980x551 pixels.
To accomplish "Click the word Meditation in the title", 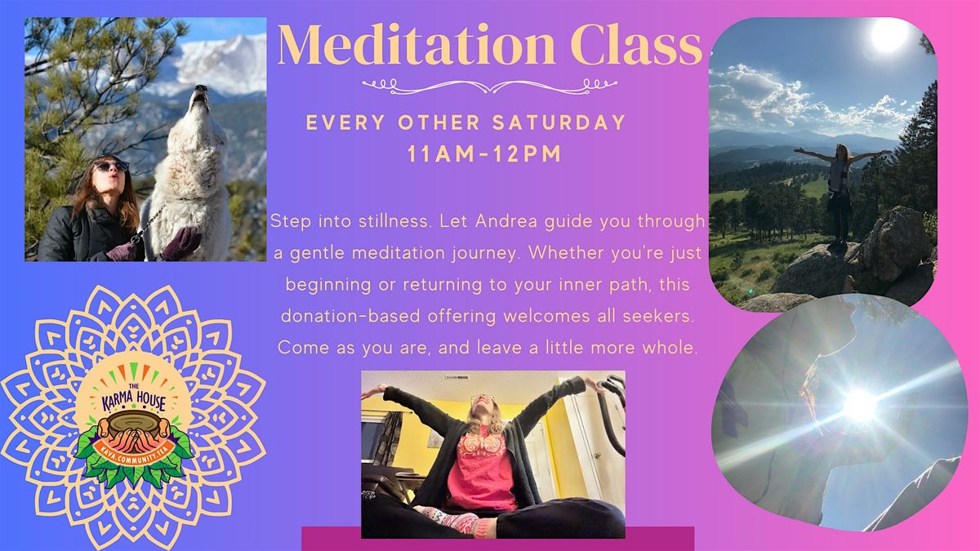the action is coord(416,45).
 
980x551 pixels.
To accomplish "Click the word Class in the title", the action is coord(636,45).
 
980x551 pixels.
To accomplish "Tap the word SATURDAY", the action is coord(559,122).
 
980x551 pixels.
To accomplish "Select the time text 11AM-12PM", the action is coord(484,154).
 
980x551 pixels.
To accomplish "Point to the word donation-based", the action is coord(350,316).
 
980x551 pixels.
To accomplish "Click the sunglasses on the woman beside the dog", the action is coord(110,167).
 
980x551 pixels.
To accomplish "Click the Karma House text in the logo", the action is coord(134,401).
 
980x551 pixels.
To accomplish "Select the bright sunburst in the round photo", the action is coord(860,406).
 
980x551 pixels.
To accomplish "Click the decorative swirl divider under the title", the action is coord(489,87).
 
